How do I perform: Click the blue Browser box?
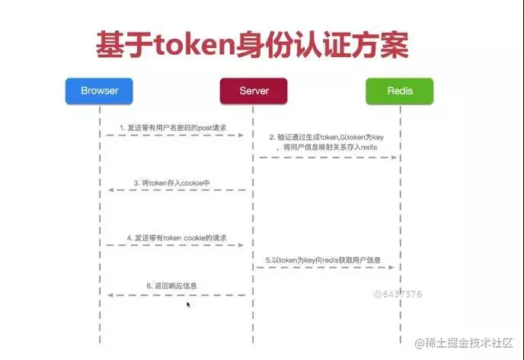pyautogui.click(x=100, y=91)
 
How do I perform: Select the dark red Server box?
pyautogui.click(x=254, y=91)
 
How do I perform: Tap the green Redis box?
pyautogui.click(x=400, y=91)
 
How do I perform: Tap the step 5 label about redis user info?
pyautogui.click(x=323, y=260)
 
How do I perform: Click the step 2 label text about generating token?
pyautogui.click(x=323, y=142)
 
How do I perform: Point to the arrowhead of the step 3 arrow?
pyautogui.click(x=110, y=190)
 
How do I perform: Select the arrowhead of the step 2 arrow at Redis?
pyautogui.click(x=395, y=158)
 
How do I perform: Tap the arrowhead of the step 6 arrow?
pyautogui.click(x=110, y=295)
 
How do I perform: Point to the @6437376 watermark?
pyautogui.click(x=398, y=293)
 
